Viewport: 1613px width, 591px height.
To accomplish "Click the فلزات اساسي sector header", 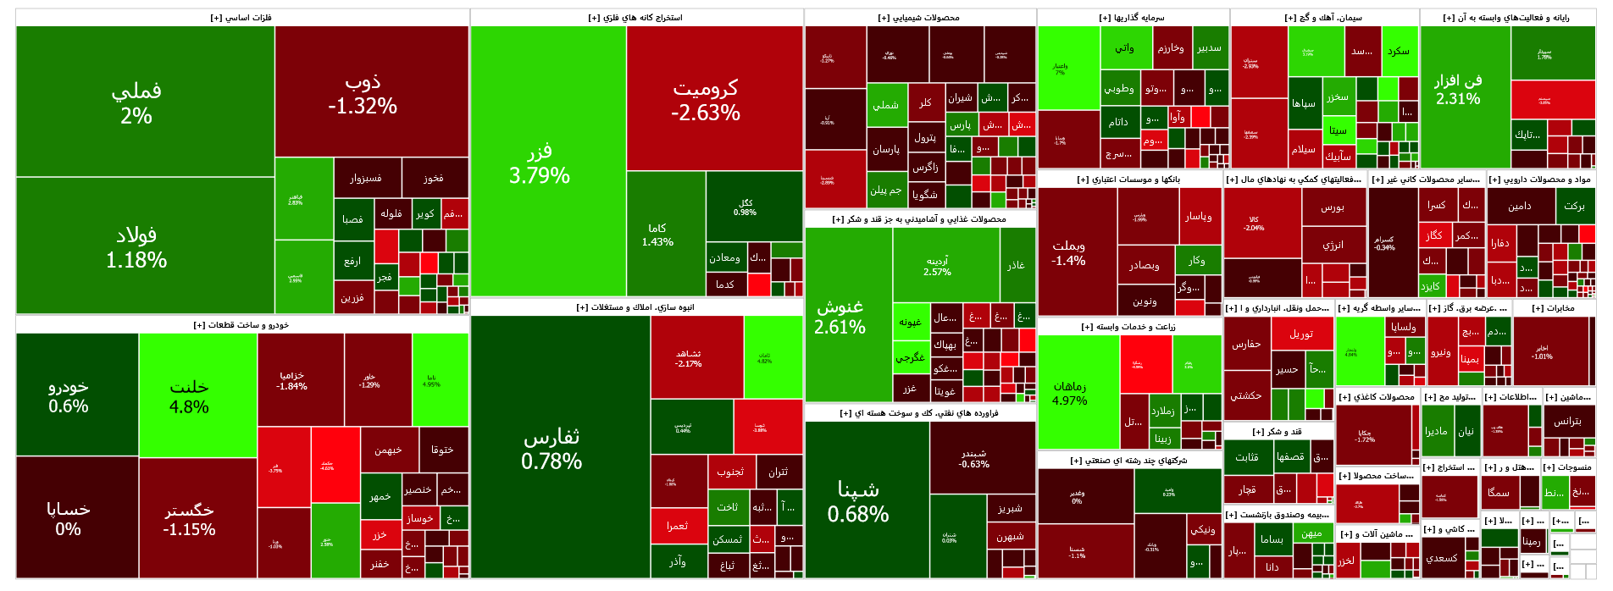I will [241, 18].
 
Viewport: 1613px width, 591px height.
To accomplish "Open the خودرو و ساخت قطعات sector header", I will [241, 325].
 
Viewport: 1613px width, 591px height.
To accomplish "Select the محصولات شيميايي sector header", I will [919, 18].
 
